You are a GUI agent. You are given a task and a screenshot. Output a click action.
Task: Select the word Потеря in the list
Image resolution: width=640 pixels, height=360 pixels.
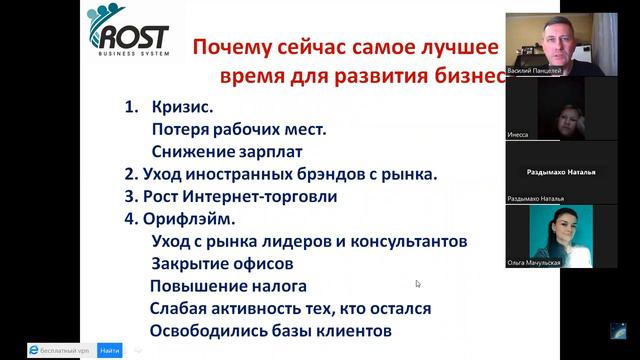(x=180, y=129)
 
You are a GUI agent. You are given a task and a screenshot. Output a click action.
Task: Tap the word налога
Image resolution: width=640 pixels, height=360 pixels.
(x=286, y=287)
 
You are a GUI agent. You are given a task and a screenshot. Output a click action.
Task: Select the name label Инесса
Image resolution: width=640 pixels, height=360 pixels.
(x=518, y=133)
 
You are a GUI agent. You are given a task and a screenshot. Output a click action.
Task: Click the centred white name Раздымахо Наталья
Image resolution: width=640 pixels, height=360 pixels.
(x=561, y=172)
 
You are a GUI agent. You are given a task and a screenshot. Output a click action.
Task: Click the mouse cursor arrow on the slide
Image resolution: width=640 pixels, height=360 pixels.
(x=418, y=284)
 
